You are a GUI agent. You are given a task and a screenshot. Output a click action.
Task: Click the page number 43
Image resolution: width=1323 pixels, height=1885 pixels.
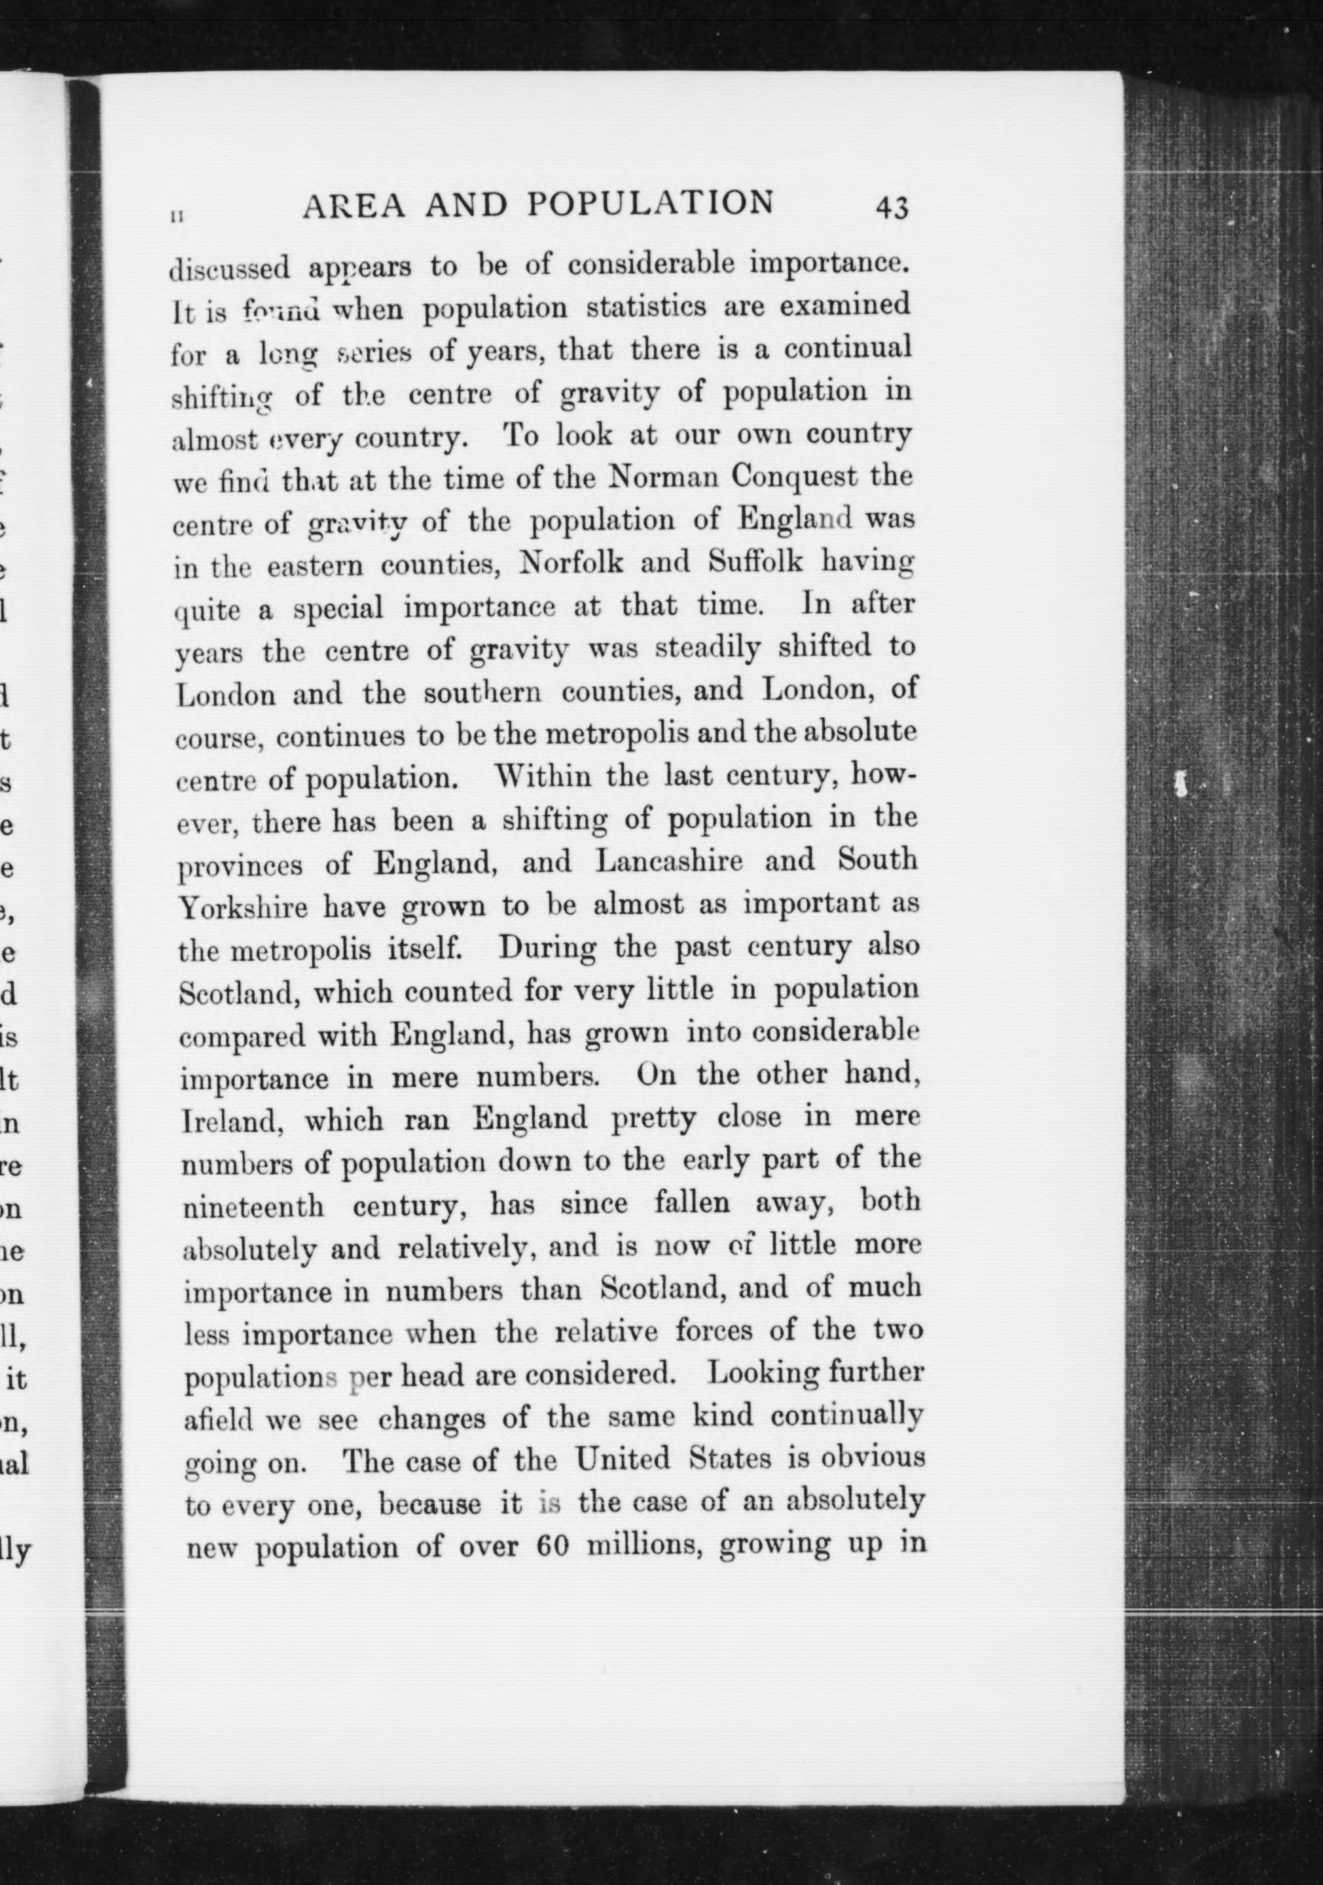[x=892, y=208]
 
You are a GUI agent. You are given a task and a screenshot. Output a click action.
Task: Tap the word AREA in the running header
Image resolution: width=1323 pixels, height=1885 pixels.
[x=353, y=205]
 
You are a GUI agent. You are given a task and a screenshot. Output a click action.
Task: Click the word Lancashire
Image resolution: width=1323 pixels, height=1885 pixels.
[x=669, y=861]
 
